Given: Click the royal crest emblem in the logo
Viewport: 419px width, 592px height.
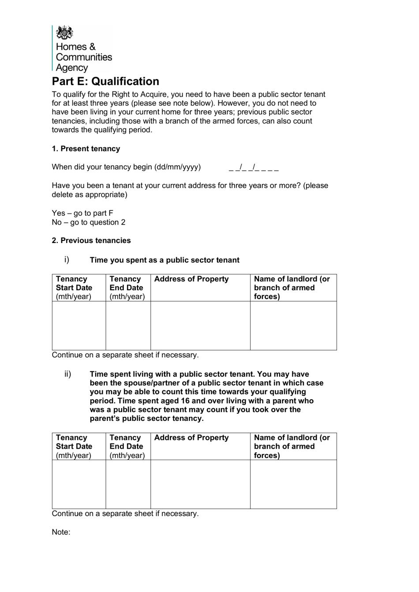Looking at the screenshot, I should pyautogui.click(x=65, y=33).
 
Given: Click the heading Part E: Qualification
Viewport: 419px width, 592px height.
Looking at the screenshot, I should pyautogui.click(x=105, y=82).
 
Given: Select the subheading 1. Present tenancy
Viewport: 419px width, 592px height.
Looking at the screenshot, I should pyautogui.click(x=86, y=149).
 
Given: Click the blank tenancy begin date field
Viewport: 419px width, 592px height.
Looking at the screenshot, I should pyautogui.click(x=254, y=167).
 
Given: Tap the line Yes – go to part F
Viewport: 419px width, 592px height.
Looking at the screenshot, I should pyautogui.click(x=82, y=213).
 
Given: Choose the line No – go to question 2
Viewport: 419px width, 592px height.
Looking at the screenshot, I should pyautogui.click(x=89, y=222).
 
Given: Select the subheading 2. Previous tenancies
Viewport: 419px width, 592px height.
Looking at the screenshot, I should pyautogui.click(x=91, y=240).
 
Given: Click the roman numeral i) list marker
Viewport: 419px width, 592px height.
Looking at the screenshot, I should pyautogui.click(x=67, y=259).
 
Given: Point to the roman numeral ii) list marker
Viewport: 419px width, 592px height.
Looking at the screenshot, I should pyautogui.click(x=67, y=374).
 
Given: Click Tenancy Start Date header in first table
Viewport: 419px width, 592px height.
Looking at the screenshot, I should pyautogui.click(x=74, y=288).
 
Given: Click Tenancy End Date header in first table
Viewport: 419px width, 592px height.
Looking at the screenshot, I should pyautogui.click(x=127, y=288).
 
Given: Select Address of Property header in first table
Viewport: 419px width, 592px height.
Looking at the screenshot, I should pyautogui.click(x=191, y=279).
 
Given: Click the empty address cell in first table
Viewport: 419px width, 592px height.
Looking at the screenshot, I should pyautogui.click(x=200, y=326).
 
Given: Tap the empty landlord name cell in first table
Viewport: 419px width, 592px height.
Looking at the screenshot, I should pyautogui.click(x=293, y=326).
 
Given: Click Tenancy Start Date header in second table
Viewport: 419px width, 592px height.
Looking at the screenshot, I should pyautogui.click(x=74, y=446).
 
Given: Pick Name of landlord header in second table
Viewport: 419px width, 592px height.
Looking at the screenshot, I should pyautogui.click(x=292, y=446).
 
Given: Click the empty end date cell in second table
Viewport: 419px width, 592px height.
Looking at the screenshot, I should pyautogui.click(x=128, y=484).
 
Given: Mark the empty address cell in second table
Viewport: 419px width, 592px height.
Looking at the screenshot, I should pyautogui.click(x=200, y=484).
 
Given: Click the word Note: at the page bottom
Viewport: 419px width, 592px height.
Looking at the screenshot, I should pyautogui.click(x=61, y=532).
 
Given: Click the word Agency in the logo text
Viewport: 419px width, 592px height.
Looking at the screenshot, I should pyautogui.click(x=72, y=68).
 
